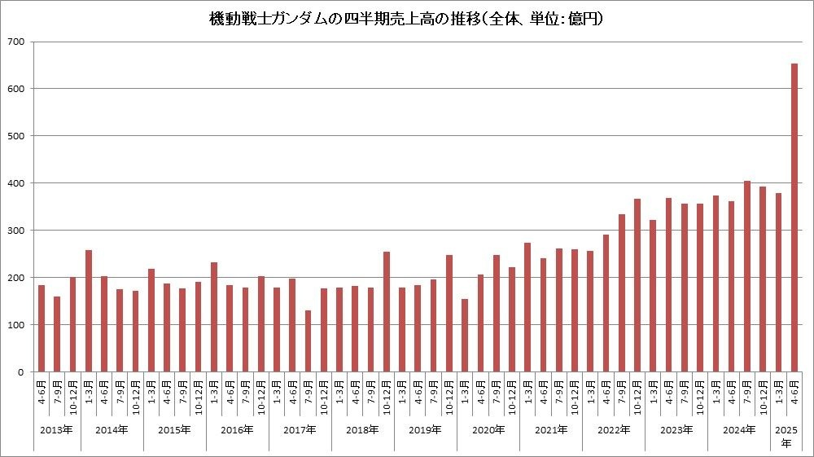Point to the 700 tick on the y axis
click(x=16, y=42)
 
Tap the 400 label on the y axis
click(x=16, y=183)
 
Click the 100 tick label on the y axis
click(x=16, y=325)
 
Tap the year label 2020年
click(x=488, y=429)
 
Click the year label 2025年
click(x=786, y=436)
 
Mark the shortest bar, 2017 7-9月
click(x=308, y=341)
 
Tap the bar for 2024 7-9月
click(x=746, y=276)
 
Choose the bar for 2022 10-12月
click(x=637, y=285)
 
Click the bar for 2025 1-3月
click(x=778, y=283)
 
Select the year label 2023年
click(x=676, y=429)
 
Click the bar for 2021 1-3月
click(x=527, y=307)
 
